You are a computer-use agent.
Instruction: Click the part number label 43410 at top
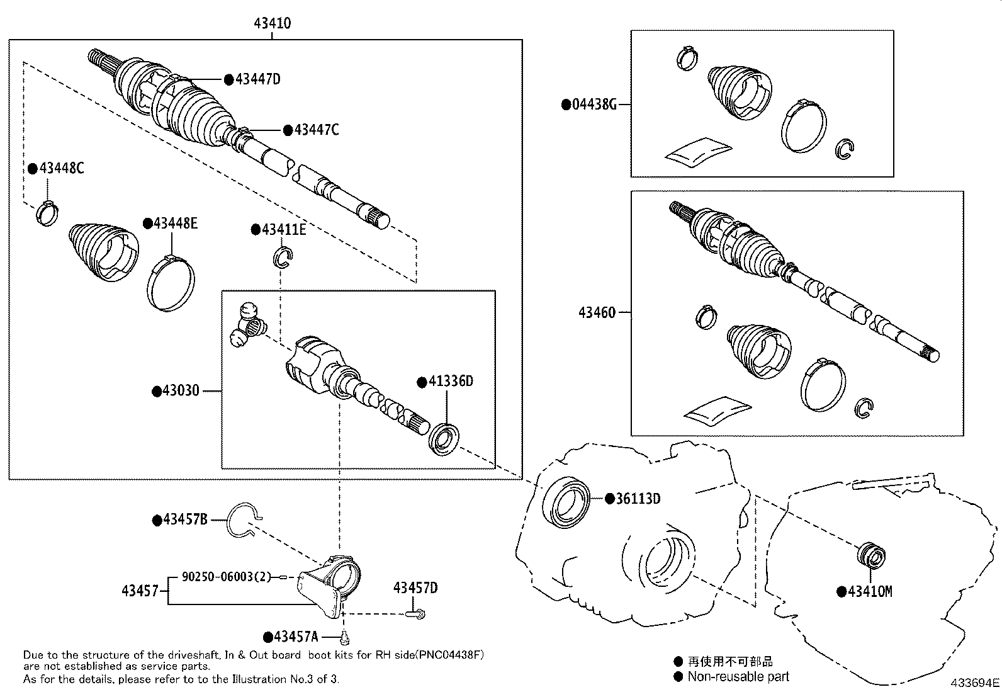pos(272,23)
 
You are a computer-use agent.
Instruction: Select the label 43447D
pos(257,79)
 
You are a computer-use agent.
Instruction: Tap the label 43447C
pos(316,130)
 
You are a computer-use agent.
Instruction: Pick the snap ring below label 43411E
pos(283,257)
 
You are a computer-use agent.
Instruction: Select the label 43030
pos(180,390)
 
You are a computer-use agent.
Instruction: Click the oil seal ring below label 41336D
pos(445,439)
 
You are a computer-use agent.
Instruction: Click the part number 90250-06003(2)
pos(226,576)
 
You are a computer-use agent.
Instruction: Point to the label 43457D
pos(415,588)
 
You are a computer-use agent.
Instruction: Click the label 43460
pos(597,312)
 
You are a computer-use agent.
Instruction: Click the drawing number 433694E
pos(974,682)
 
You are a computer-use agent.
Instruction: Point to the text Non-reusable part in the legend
pos(738,676)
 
